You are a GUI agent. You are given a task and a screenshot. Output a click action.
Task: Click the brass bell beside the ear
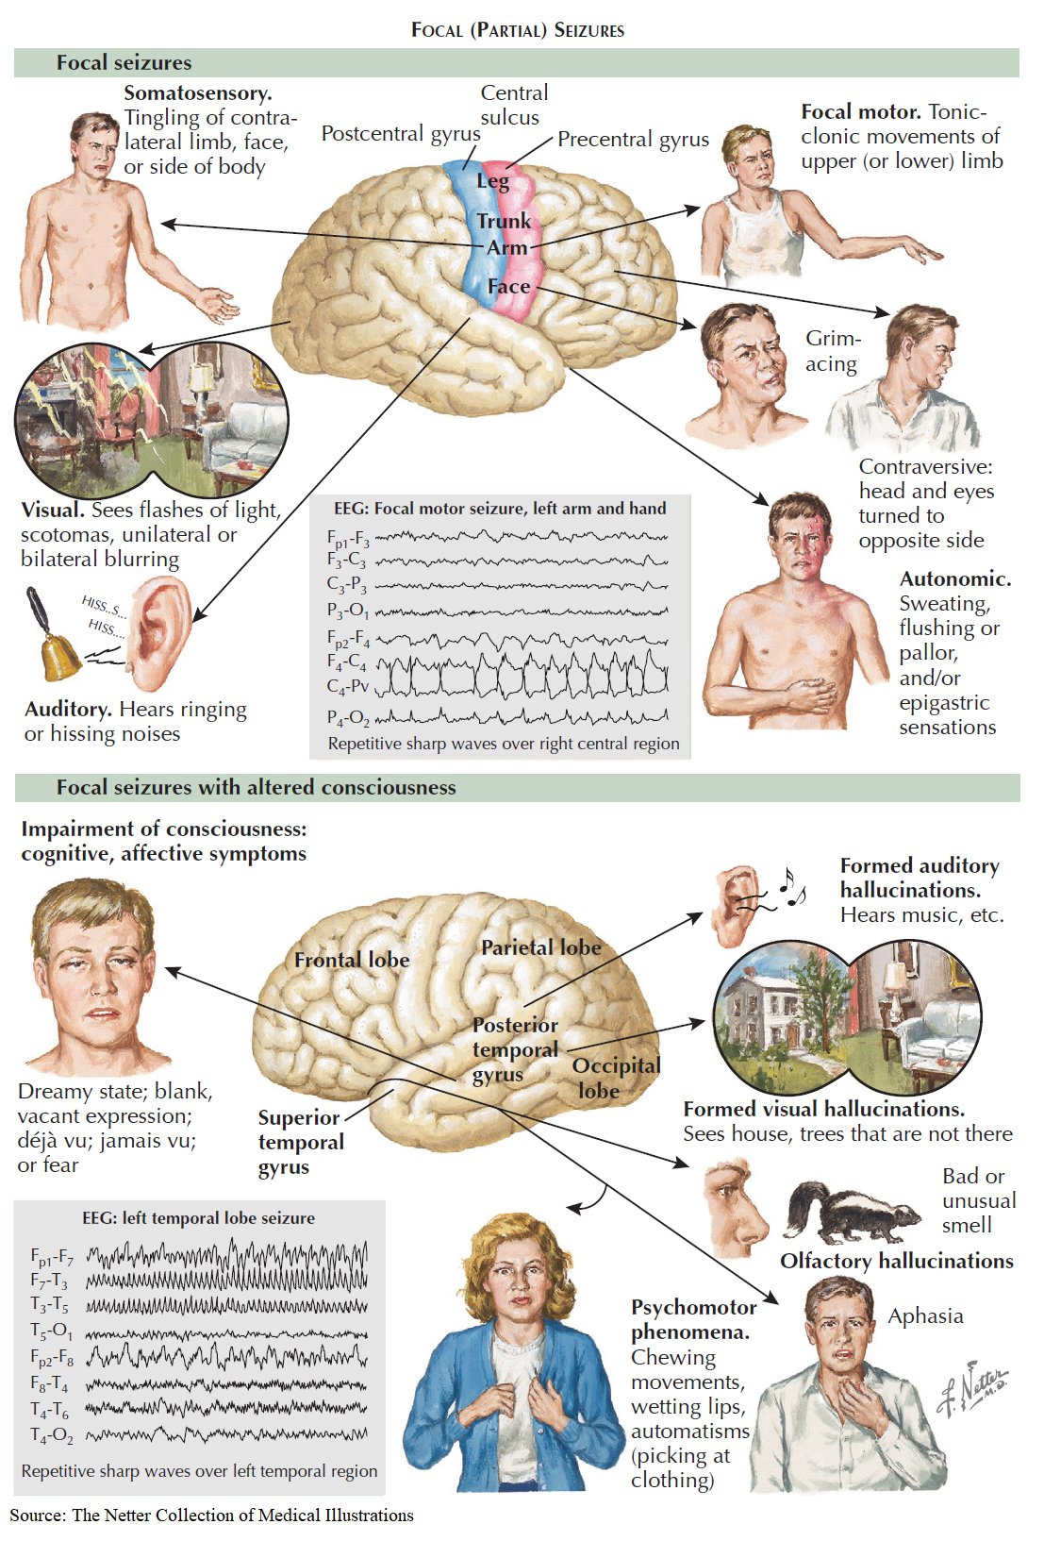pyautogui.click(x=53, y=642)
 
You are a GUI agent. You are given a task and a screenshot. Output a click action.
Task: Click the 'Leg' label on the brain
pyautogui.click(x=492, y=180)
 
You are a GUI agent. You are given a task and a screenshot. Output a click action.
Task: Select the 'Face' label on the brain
pyautogui.click(x=508, y=286)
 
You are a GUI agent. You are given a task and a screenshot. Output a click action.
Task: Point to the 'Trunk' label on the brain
pyautogui.click(x=504, y=221)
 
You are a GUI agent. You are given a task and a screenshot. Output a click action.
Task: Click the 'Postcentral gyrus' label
pyautogui.click(x=400, y=134)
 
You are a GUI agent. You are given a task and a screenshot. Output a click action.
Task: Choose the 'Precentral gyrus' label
pyautogui.click(x=633, y=140)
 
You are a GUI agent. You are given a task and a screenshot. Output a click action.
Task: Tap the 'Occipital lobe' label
pyautogui.click(x=615, y=1078)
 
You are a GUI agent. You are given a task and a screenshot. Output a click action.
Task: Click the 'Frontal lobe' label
pyautogui.click(x=352, y=960)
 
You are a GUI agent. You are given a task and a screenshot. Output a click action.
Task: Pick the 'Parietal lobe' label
pyautogui.click(x=540, y=947)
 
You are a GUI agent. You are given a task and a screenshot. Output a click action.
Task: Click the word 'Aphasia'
pyautogui.click(x=925, y=1316)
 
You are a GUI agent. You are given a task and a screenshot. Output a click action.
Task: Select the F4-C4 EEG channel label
pyautogui.click(x=346, y=662)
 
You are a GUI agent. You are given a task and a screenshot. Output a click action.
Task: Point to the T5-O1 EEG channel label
pyautogui.click(x=51, y=1332)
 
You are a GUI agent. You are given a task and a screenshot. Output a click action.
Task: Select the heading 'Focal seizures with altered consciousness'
pyautogui.click(x=256, y=787)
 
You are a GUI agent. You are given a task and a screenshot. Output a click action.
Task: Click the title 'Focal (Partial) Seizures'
pyautogui.click(x=518, y=29)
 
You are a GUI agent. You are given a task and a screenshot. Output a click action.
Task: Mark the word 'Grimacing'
pyautogui.click(x=832, y=351)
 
